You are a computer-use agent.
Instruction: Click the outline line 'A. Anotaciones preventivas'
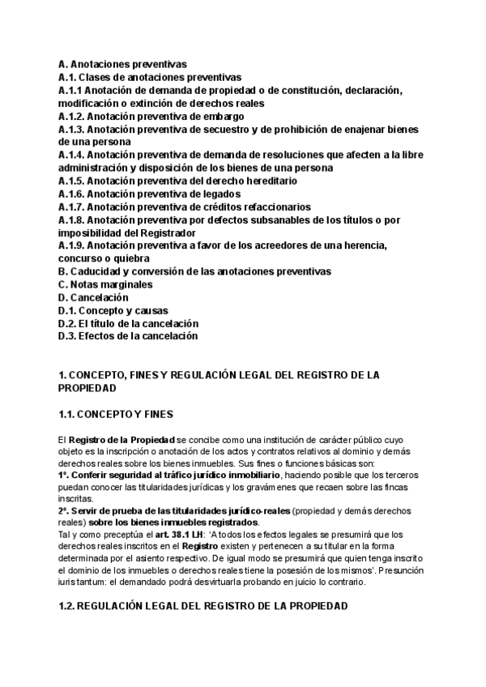(x=122, y=63)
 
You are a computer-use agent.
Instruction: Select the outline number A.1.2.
(x=71, y=116)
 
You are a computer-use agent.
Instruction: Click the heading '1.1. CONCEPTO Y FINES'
(x=116, y=414)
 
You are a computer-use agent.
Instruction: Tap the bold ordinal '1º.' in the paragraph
(x=64, y=472)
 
